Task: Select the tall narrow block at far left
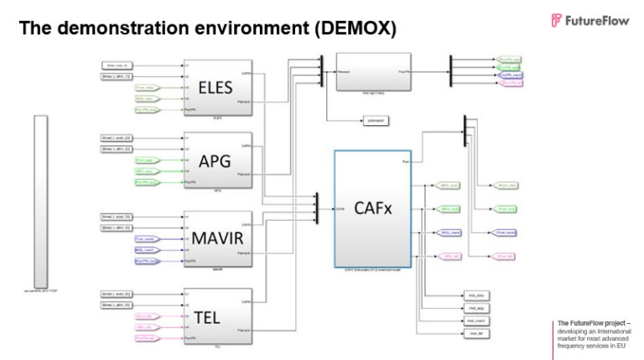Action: pyautogui.click(x=39, y=201)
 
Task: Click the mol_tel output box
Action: pyautogui.click(x=475, y=334)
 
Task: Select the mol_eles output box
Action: pyautogui.click(x=475, y=296)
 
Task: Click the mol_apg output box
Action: pyautogui.click(x=475, y=309)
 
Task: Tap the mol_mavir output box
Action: pyautogui.click(x=475, y=321)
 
